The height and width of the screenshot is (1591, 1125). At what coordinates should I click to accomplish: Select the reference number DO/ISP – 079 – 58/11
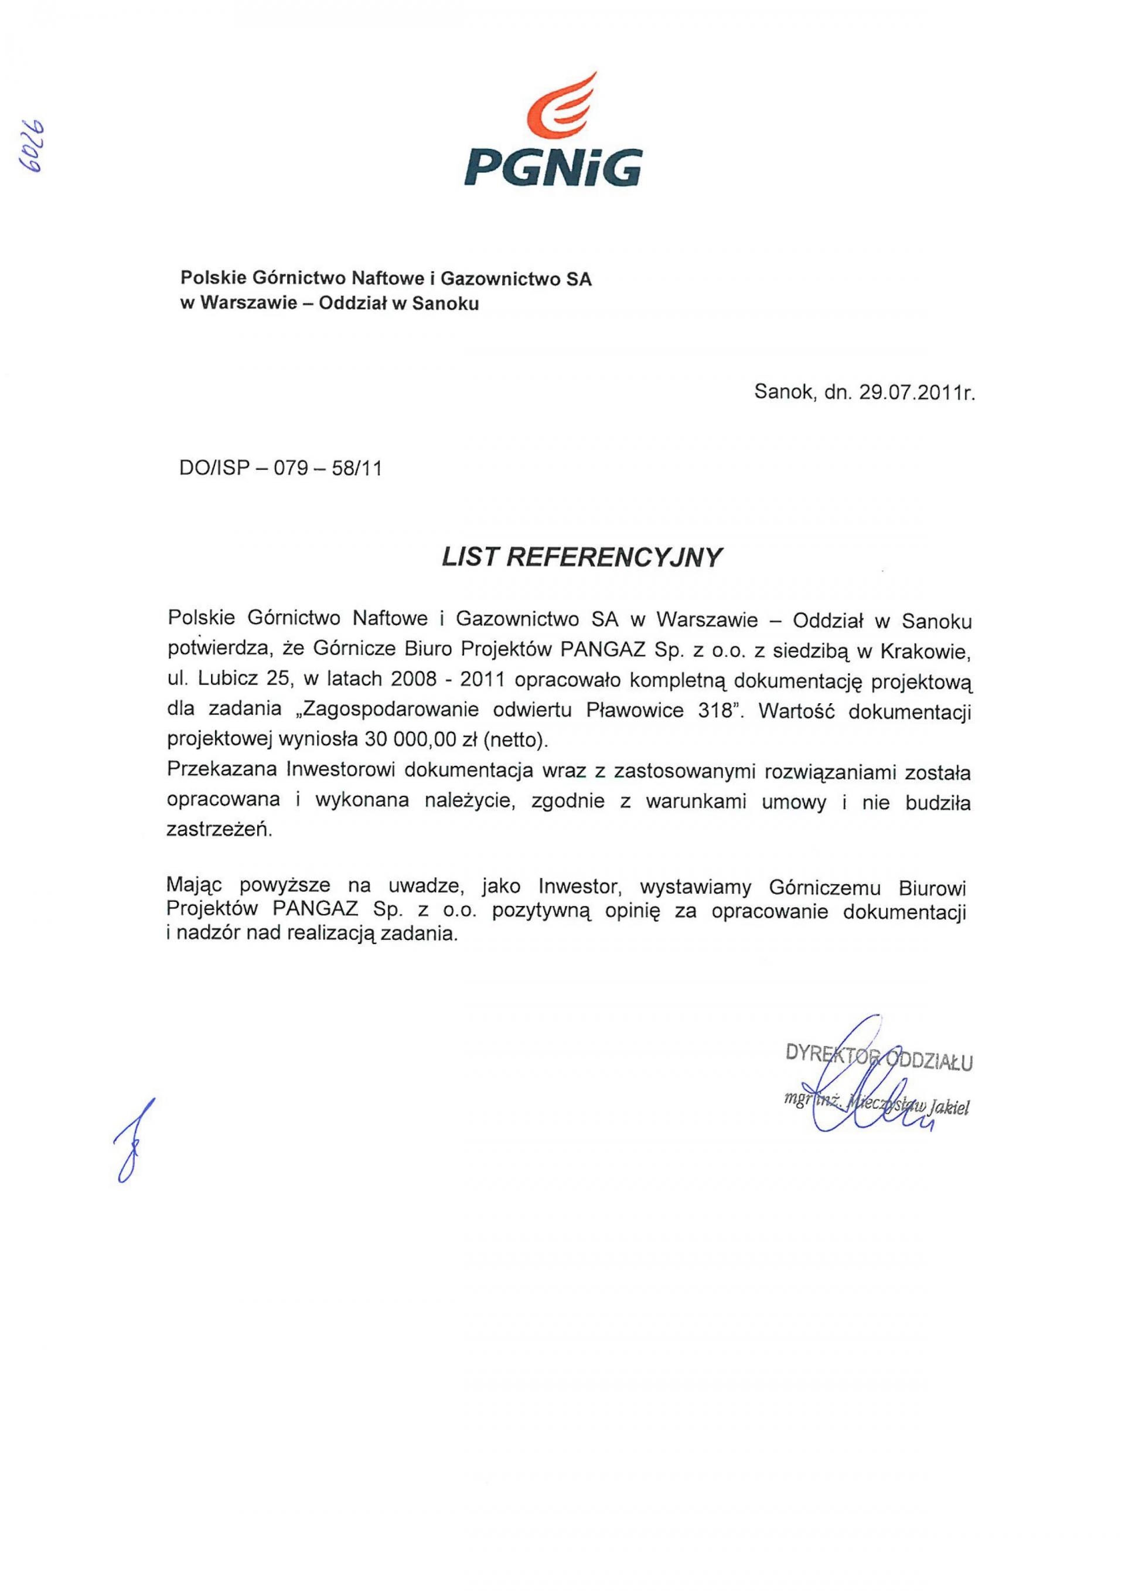[x=281, y=469]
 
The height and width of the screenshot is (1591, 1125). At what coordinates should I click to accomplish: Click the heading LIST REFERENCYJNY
[x=582, y=558]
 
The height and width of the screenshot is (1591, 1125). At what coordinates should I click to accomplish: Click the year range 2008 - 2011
[x=448, y=680]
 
